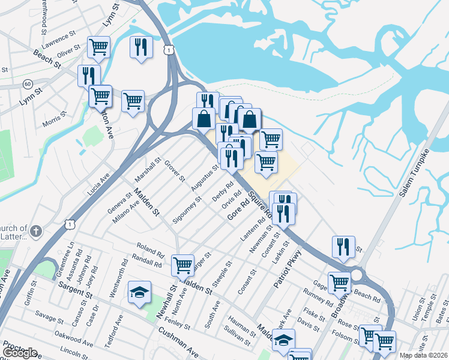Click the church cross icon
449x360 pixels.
click(36, 230)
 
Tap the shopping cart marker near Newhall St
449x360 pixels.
click(182, 265)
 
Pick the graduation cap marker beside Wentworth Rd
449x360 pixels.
click(140, 292)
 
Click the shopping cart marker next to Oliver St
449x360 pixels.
click(98, 47)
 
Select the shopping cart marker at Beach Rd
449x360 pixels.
click(340, 282)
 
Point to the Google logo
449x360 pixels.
click(20, 352)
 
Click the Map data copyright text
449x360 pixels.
click(424, 355)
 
